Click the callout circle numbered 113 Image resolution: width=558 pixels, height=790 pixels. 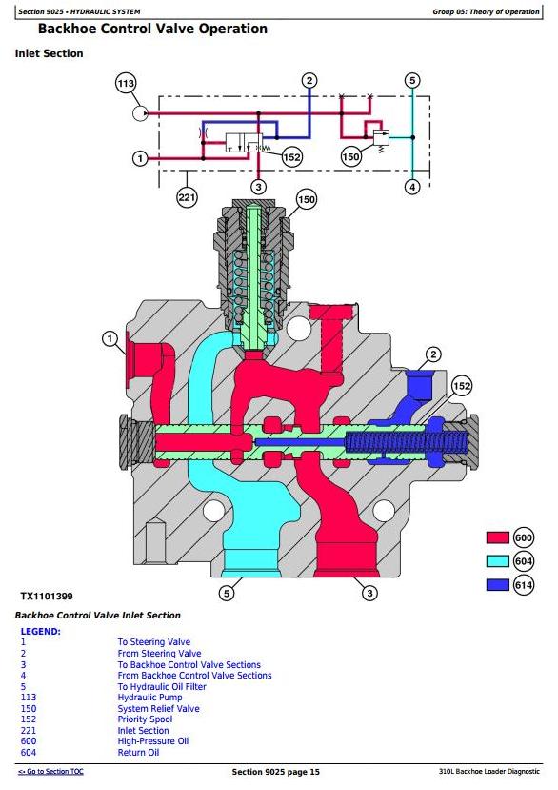[126, 83]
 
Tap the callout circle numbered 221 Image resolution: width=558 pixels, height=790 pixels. [187, 197]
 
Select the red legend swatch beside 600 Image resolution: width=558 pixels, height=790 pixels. [498, 537]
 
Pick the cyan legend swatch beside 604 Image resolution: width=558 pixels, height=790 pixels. [498, 561]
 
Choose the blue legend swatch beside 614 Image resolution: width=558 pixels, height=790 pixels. [498, 584]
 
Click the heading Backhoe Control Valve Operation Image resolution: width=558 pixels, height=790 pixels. [152, 29]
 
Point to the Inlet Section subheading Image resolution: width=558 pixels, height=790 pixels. [49, 53]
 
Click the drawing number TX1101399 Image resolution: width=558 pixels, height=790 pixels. [47, 596]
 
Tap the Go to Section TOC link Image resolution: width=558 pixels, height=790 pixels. [50, 771]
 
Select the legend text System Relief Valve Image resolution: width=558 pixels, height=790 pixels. [159, 708]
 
